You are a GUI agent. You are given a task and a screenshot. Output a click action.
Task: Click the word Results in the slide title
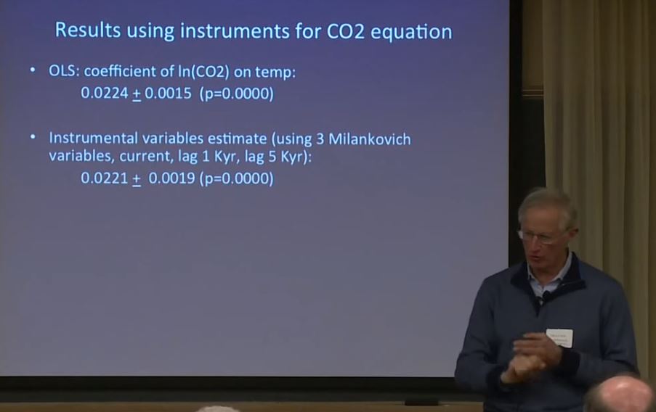[88, 30]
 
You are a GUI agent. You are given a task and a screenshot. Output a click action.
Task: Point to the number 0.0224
[105, 93]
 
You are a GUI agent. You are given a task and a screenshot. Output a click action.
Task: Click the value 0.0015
[169, 93]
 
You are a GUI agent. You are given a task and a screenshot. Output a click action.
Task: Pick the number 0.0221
[105, 178]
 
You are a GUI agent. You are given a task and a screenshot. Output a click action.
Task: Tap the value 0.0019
[172, 178]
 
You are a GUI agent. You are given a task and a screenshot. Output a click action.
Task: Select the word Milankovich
[370, 139]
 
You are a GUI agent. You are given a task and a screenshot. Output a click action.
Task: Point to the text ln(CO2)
[203, 72]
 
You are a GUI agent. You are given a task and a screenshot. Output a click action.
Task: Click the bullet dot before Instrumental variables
[33, 136]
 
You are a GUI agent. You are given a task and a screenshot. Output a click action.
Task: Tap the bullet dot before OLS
[33, 70]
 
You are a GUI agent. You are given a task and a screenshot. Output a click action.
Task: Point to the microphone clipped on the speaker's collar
[545, 297]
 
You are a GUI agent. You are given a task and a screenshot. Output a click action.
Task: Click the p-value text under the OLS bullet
[236, 94]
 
